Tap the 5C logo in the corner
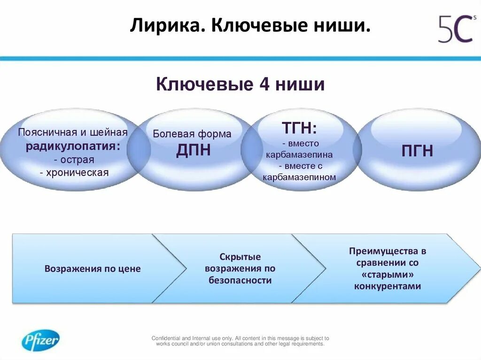pyautogui.click(x=456, y=29)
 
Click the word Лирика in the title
pyautogui.click(x=166, y=26)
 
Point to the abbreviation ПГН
pyautogui.click(x=417, y=151)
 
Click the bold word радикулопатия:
pyautogui.click(x=73, y=146)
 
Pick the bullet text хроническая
pyautogui.click(x=74, y=173)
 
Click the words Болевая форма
pyautogui.click(x=192, y=134)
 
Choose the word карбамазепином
pyautogui.click(x=300, y=177)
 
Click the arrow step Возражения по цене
pyautogui.click(x=93, y=269)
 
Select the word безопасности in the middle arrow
pyautogui.click(x=240, y=280)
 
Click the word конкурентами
pyautogui.click(x=388, y=286)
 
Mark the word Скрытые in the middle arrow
pyautogui.click(x=240, y=257)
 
